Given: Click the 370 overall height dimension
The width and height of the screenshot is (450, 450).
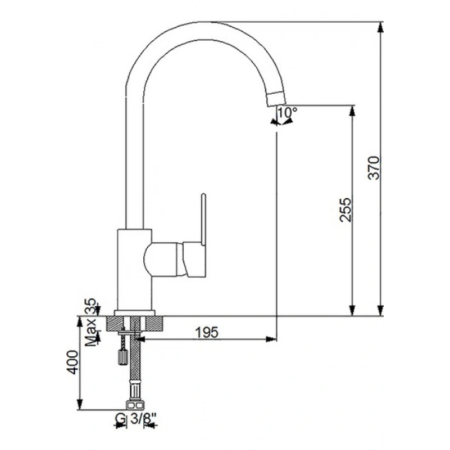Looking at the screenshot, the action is pos(373,168).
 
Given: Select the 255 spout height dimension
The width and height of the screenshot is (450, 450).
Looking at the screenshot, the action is pos(345,210).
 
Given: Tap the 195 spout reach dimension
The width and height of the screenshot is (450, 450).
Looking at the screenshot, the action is pos(206,332).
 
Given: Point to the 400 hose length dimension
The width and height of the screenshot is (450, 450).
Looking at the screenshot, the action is pos(72,362).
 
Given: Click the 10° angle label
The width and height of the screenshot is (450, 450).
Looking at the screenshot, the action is pos(287,113).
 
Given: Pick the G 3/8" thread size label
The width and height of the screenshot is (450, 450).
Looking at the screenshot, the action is pos(136,419).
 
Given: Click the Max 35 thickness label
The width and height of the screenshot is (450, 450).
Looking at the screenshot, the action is pos(91,322).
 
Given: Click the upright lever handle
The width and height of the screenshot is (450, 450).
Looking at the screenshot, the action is pos(204,220).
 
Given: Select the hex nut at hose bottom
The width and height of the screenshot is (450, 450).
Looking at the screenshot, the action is pos(134,405).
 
